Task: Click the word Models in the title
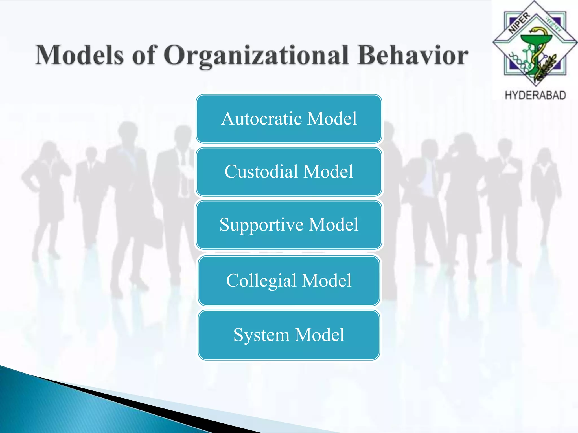tap(79, 55)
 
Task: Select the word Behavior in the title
tap(412, 55)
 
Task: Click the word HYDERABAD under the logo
tap(535, 95)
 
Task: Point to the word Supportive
tap(262, 225)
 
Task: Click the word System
tap(261, 335)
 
